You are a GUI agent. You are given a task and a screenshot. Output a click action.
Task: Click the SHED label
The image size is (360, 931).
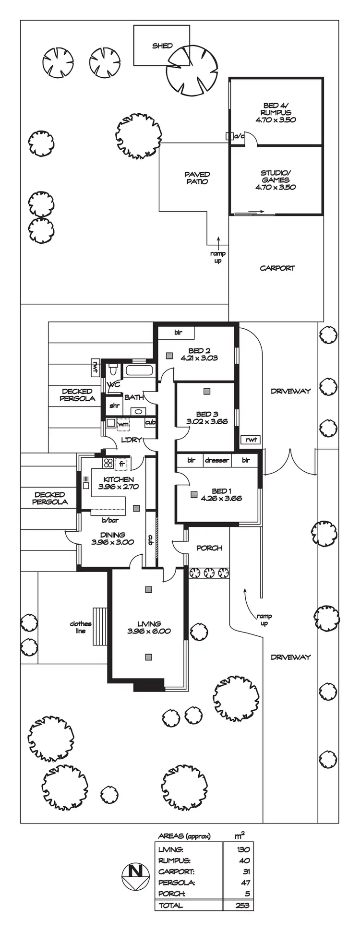click(x=162, y=46)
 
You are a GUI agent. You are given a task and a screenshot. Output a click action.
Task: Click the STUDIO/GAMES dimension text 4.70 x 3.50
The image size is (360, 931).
click(x=276, y=188)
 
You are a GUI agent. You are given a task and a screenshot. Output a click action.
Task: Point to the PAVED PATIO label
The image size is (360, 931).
click(x=197, y=178)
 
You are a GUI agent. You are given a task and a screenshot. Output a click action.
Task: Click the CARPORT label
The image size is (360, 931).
click(x=277, y=268)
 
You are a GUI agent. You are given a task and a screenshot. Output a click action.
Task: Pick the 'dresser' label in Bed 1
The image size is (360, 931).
click(x=216, y=460)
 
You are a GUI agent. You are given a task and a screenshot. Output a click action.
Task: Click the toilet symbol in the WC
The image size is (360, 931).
click(x=113, y=370)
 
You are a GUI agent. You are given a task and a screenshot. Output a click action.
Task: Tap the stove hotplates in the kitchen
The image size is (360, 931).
click(x=108, y=464)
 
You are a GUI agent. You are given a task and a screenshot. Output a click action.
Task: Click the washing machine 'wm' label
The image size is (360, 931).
click(x=123, y=424)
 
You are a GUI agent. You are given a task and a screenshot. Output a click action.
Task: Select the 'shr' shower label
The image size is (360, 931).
click(x=114, y=406)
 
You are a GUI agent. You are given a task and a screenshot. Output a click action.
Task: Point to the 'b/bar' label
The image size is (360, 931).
click(x=110, y=521)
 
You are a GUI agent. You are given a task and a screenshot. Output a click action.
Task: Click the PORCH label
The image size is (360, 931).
click(x=209, y=548)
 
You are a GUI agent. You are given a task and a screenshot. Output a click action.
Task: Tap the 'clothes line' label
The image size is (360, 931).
click(x=81, y=627)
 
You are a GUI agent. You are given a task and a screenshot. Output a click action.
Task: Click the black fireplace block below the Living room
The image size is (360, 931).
click(x=148, y=685)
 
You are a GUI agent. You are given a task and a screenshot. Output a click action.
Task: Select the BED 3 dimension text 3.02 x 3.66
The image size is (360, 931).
click(x=207, y=422)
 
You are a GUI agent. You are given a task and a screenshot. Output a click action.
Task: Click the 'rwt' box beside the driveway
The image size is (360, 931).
click(x=251, y=439)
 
